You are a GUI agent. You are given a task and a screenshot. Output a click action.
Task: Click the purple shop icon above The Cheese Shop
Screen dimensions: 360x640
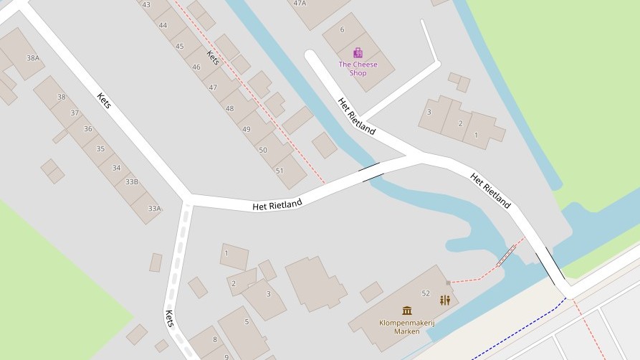358,52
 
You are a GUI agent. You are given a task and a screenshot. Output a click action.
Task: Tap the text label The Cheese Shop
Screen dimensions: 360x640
358,69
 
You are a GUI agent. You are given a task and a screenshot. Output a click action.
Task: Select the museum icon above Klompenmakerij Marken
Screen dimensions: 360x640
407,311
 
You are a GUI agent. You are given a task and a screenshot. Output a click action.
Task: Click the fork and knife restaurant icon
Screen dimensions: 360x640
445,300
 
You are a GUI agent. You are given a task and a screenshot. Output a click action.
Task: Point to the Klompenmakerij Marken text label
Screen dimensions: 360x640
400,326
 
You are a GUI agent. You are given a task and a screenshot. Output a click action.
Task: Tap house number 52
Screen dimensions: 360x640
426,293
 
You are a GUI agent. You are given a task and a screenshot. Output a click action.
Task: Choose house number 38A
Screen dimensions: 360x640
33,58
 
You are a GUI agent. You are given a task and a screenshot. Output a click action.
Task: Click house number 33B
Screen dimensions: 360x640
132,181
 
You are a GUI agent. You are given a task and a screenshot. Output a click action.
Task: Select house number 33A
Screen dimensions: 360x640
154,208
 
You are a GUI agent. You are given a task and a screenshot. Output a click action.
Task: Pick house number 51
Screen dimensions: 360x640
280,170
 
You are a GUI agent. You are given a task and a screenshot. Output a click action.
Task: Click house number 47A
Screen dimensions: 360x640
300,3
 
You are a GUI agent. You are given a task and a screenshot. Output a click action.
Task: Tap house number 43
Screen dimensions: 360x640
146,4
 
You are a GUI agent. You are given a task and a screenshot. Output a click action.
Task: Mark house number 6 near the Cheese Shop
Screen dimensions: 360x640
342,29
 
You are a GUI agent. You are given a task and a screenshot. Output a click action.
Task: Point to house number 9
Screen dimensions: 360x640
226,356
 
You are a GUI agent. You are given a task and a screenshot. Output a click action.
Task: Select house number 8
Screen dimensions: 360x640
214,339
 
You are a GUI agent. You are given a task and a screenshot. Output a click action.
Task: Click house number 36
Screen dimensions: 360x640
87,129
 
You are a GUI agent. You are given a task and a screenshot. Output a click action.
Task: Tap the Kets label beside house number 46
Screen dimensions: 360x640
212,57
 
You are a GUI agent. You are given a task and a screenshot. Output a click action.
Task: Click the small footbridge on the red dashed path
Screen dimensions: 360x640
507,255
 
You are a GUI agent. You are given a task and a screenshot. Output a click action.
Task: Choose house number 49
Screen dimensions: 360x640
247,129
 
